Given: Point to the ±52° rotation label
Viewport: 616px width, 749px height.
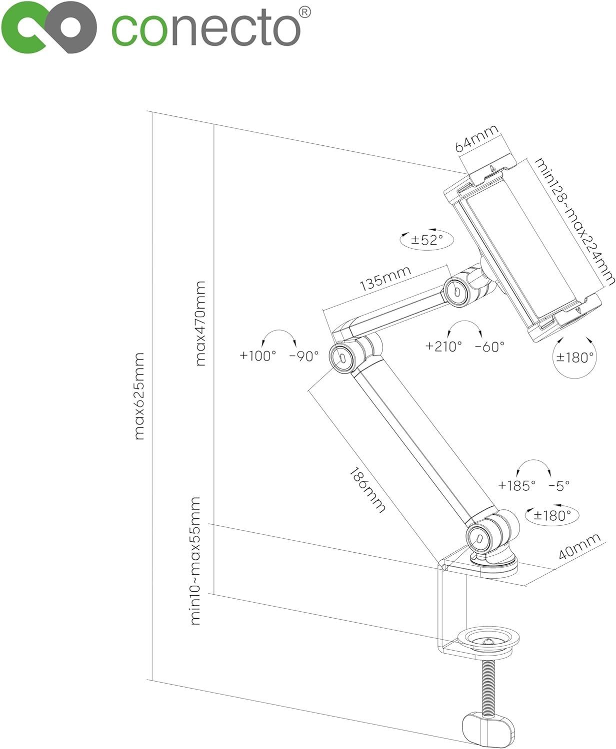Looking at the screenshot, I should point(426,240).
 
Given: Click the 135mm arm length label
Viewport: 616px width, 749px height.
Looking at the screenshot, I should point(385,278).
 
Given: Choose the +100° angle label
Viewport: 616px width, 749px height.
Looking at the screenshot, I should point(257,356).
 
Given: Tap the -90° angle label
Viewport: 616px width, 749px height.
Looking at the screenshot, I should point(304,356).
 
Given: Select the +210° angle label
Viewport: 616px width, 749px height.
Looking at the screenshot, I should point(443,346).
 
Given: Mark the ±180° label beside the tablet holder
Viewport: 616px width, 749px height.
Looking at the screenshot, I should point(576,357).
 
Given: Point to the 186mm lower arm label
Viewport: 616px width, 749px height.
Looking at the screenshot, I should point(367,490).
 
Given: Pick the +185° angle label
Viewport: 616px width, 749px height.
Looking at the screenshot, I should point(516,484).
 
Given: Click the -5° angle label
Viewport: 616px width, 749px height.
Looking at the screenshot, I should point(559,484).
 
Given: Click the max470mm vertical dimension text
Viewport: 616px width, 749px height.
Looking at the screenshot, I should point(200,323).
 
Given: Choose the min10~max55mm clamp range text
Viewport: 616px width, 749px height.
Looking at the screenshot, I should point(195,561).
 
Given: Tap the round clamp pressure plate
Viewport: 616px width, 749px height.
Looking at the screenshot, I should point(489,641).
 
